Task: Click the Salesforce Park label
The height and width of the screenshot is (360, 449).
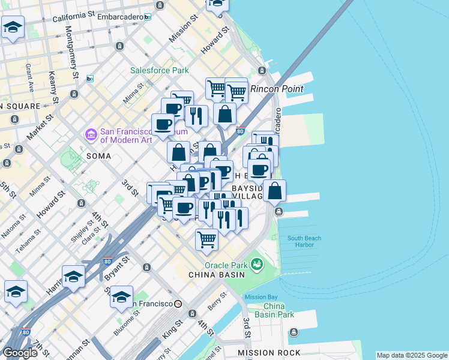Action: coord(160,70)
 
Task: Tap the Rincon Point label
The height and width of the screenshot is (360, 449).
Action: coord(277,89)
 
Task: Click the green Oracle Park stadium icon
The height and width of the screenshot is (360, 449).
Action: coord(257,264)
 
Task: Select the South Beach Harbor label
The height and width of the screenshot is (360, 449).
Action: coord(304,241)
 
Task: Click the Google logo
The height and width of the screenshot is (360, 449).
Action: coord(20,353)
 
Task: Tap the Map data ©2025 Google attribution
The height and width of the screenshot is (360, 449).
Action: coord(412,355)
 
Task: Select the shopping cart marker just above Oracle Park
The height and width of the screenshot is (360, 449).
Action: coord(206,239)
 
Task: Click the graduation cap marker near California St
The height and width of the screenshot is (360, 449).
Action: coord(13,28)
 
